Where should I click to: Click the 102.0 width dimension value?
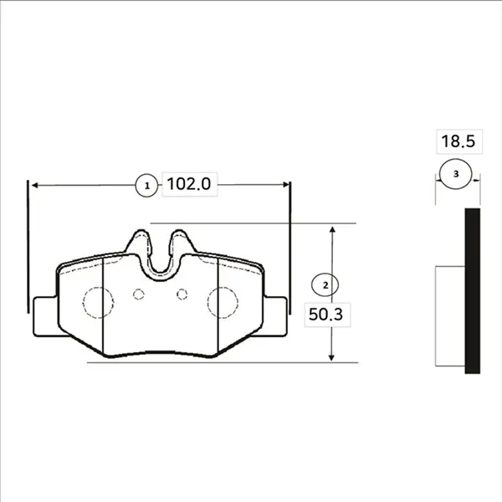coord(189,184)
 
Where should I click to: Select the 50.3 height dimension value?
coord(325,315)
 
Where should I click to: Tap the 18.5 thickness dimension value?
coord(458,141)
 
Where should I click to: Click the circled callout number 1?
coord(147,186)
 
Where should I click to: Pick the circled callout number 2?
coord(325,285)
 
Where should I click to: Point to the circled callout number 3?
coord(456,174)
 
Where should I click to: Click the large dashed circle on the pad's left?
coord(98,303)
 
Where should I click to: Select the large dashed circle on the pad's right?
coord(223,303)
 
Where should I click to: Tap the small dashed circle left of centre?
coord(139,295)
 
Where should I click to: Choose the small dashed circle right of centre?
coord(182,295)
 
